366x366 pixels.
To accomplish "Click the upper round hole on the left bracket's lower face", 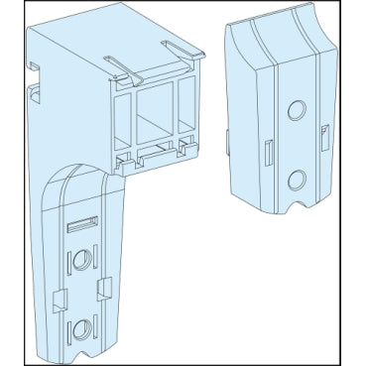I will pyautogui.click(x=78, y=263).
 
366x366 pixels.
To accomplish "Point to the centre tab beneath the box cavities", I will pyautogui.click(x=155, y=152).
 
